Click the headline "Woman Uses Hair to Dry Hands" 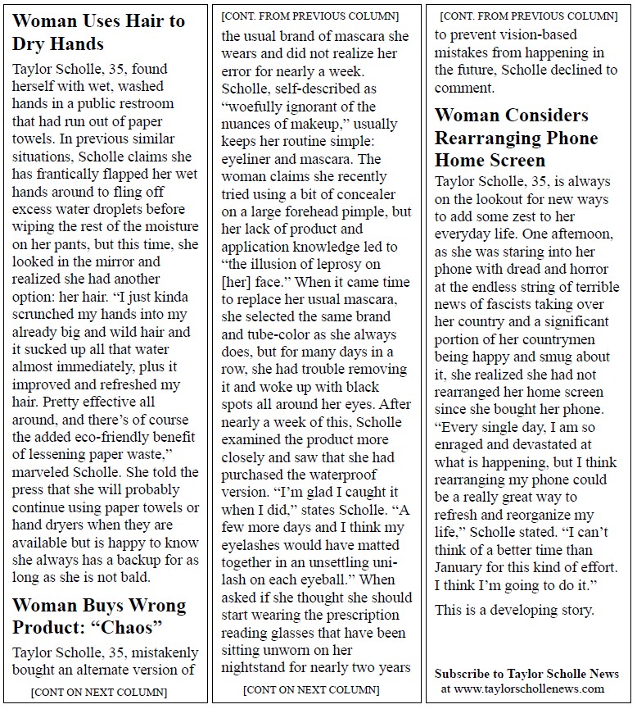coord(99,33)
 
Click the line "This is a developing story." coord(514,610)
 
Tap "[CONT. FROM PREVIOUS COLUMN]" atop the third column coord(528,16)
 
